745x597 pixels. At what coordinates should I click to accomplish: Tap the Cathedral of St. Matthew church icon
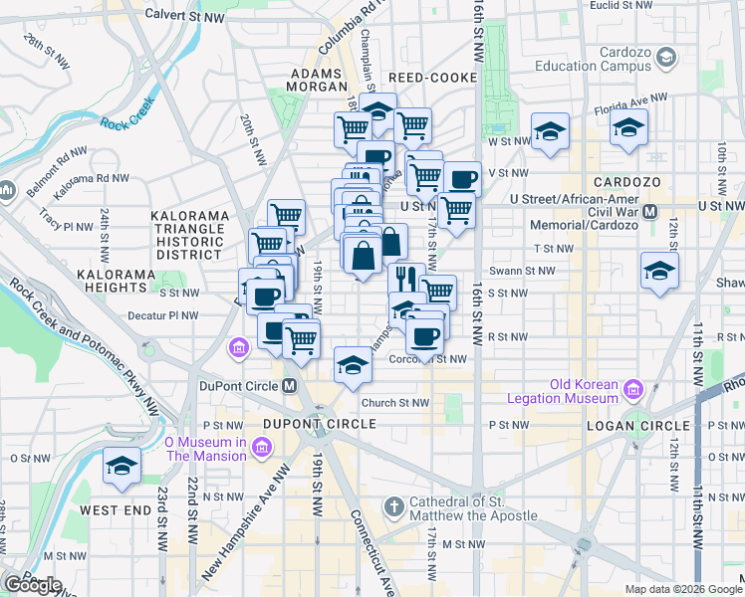(x=395, y=505)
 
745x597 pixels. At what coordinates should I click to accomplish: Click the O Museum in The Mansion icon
(x=261, y=449)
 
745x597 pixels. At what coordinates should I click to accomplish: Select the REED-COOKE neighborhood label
(x=426, y=77)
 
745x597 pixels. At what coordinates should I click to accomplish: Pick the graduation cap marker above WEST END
(x=123, y=466)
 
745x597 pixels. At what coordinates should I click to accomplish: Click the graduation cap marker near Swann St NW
(x=659, y=271)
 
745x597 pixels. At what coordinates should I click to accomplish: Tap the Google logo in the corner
(x=32, y=585)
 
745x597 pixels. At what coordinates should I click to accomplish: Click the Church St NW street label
(x=394, y=403)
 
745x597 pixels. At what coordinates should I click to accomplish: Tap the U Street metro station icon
(x=649, y=211)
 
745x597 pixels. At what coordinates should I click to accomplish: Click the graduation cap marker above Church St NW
(x=352, y=365)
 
